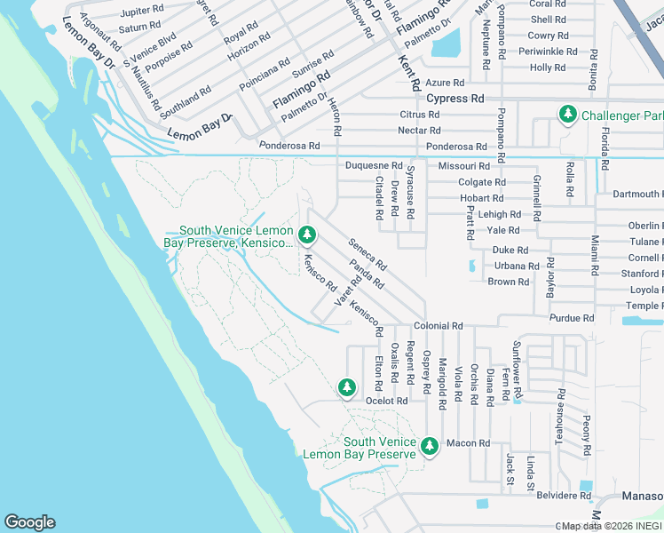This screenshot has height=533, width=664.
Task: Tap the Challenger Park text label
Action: [621, 115]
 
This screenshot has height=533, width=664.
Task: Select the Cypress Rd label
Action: [455, 98]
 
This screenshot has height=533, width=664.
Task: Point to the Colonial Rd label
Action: [438, 326]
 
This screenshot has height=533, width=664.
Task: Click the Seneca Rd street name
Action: [368, 254]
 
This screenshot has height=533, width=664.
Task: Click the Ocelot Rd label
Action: [387, 401]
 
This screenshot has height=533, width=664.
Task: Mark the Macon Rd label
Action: [468, 443]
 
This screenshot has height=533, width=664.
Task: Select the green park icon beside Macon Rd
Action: [431, 445]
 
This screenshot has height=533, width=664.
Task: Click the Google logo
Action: [29, 522]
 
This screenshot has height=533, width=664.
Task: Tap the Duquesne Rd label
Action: [374, 166]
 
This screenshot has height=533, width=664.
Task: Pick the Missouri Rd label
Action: [464, 166]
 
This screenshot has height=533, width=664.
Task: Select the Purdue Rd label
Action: [572, 317]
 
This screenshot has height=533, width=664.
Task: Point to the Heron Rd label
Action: [336, 116]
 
